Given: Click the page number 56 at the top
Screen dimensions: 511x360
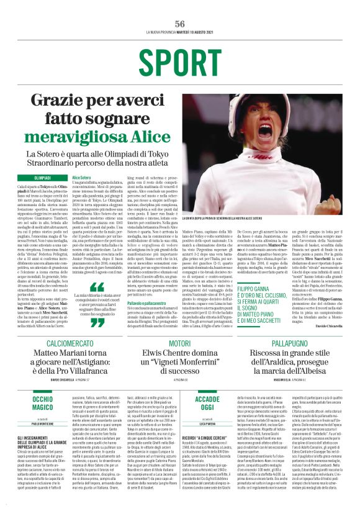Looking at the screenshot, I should pyautogui.click(x=180, y=23).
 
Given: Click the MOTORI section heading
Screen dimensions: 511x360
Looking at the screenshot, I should pyautogui.click(x=180, y=343).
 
